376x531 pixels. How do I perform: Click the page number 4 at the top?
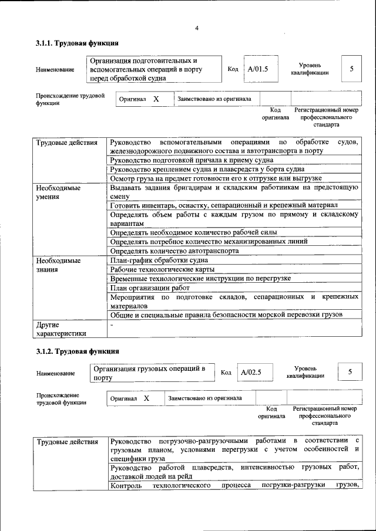197,28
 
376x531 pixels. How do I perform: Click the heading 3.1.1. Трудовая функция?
78,43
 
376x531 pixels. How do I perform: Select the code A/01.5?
258,69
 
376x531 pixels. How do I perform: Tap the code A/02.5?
251,372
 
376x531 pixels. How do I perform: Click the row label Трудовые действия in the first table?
66,143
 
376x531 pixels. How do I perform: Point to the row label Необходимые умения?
58,193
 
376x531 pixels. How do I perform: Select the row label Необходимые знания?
58,264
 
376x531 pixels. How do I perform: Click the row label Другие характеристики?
61,329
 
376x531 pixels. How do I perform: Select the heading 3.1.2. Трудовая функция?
78,351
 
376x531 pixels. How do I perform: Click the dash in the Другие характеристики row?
112,324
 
